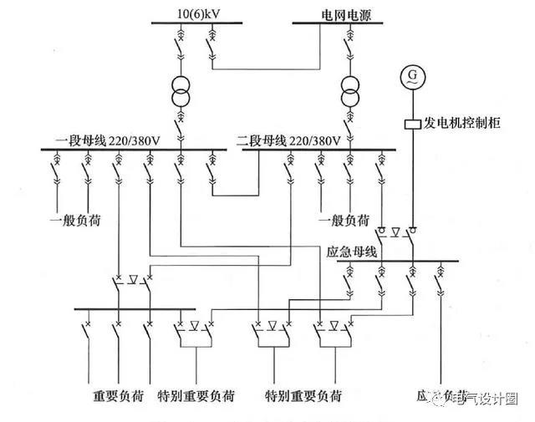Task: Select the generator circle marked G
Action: pos(412,78)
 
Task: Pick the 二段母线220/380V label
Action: pos(288,140)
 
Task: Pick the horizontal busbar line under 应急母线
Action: pos(398,261)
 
